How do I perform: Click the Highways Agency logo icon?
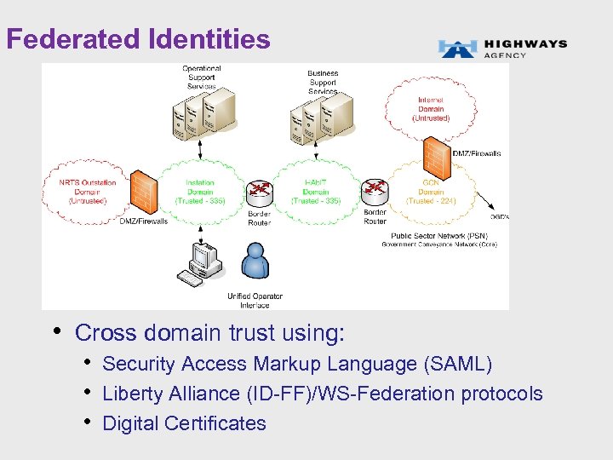point(457,49)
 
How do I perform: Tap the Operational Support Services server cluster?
point(202,116)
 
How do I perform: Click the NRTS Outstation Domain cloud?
point(82,191)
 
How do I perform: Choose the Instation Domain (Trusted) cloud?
point(199,192)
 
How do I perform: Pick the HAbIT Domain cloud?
point(316,192)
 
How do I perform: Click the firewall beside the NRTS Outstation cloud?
point(146,192)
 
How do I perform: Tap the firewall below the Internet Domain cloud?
point(436,156)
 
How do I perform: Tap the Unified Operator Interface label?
point(255,300)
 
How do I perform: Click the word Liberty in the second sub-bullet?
point(129,394)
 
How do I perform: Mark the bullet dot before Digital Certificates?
point(89,423)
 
